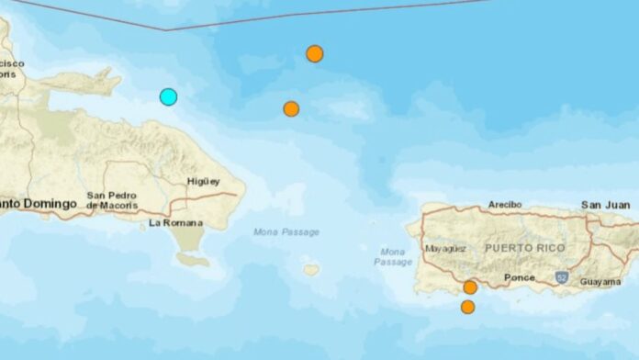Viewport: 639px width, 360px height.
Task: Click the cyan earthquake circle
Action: (x=168, y=96)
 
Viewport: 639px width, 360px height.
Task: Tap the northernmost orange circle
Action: (x=314, y=53)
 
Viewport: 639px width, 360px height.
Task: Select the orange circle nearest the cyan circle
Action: (x=291, y=108)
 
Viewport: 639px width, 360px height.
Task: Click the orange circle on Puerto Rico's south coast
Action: (x=470, y=287)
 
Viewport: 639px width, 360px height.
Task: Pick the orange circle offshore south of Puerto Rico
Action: (x=467, y=307)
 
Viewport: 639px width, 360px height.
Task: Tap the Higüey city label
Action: (x=203, y=181)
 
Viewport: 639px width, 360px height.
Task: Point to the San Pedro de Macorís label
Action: (x=111, y=199)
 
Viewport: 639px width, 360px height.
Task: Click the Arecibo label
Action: (x=504, y=204)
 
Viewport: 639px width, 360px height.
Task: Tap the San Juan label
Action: (x=605, y=204)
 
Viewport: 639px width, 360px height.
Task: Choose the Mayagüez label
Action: (x=446, y=248)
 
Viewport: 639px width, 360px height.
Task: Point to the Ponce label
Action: (x=519, y=276)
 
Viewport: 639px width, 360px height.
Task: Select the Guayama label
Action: (x=601, y=281)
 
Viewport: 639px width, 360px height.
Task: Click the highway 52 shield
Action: (x=561, y=276)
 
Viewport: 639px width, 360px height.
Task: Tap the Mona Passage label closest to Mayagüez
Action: (x=392, y=256)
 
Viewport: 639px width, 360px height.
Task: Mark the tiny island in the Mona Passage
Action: (x=312, y=270)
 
